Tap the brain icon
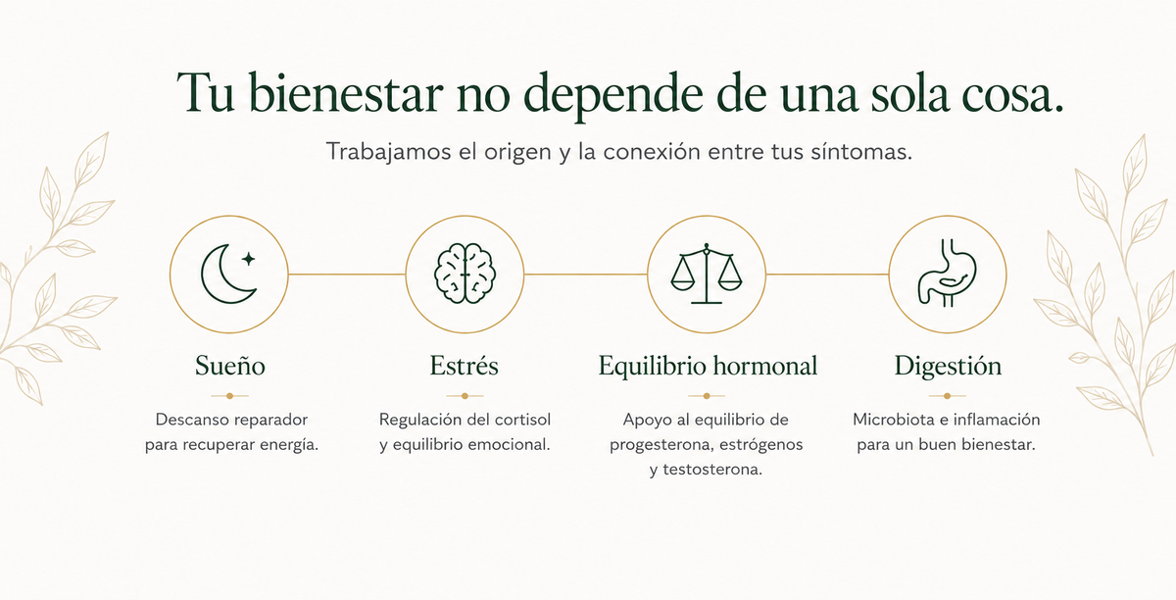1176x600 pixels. pos(465,274)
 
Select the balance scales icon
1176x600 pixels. pos(707,274)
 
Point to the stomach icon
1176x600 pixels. pos(947,273)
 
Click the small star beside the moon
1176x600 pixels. pos(248,259)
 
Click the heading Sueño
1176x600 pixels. pos(230,366)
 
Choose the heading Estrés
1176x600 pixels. pos(465,365)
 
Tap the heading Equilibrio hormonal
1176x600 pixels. pos(708,366)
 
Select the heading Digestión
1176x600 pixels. pos(948,367)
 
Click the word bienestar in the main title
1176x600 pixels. pos(345,93)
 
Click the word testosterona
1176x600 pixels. pos(712,470)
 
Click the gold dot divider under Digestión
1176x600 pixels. pos(947,396)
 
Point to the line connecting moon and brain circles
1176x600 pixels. pos(347,274)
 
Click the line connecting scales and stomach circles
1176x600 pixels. pos(827,274)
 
